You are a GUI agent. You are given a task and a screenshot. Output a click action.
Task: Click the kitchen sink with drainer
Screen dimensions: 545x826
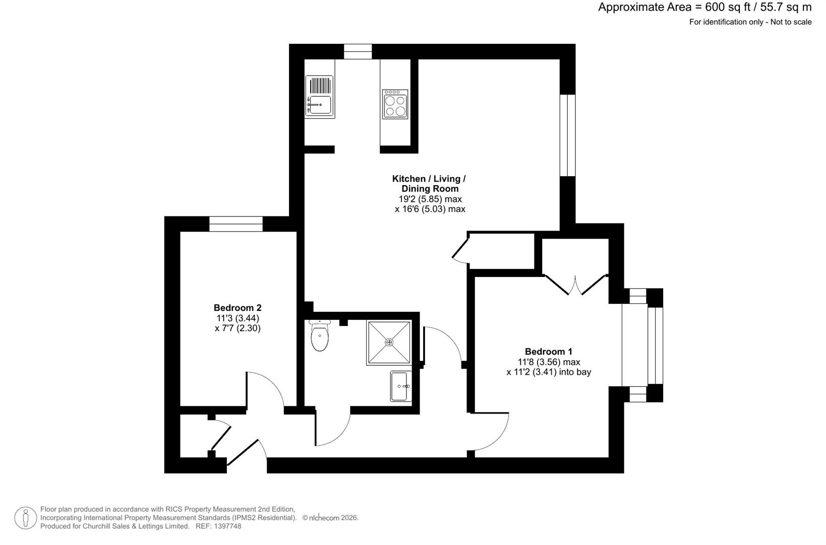pyautogui.click(x=319, y=96)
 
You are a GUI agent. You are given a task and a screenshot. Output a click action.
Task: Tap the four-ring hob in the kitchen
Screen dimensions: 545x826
pyautogui.click(x=395, y=104)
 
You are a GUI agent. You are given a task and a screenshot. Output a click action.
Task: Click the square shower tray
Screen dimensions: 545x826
pyautogui.click(x=389, y=342)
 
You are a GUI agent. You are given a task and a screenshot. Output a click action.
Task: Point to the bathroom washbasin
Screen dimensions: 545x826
pyautogui.click(x=401, y=386)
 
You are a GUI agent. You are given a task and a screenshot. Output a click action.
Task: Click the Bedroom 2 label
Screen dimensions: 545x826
pyautogui.click(x=238, y=308)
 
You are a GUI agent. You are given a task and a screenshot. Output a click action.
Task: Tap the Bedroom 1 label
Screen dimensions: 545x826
pyautogui.click(x=549, y=352)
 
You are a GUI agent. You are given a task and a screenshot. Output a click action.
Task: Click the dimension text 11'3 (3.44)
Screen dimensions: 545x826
pyautogui.click(x=238, y=318)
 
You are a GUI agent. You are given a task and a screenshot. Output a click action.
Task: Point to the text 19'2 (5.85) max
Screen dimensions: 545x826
pyautogui.click(x=430, y=199)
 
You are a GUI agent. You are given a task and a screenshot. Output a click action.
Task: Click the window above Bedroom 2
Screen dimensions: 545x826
pyautogui.click(x=236, y=224)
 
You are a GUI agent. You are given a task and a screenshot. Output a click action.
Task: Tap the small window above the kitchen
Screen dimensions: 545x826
pyautogui.click(x=358, y=51)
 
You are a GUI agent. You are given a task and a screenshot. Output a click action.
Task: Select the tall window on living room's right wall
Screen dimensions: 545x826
pyautogui.click(x=568, y=135)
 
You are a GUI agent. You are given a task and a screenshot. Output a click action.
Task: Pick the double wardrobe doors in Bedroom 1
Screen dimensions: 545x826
pyautogui.click(x=576, y=286)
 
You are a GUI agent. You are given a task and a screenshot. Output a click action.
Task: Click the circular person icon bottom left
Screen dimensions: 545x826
pyautogui.click(x=25, y=518)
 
